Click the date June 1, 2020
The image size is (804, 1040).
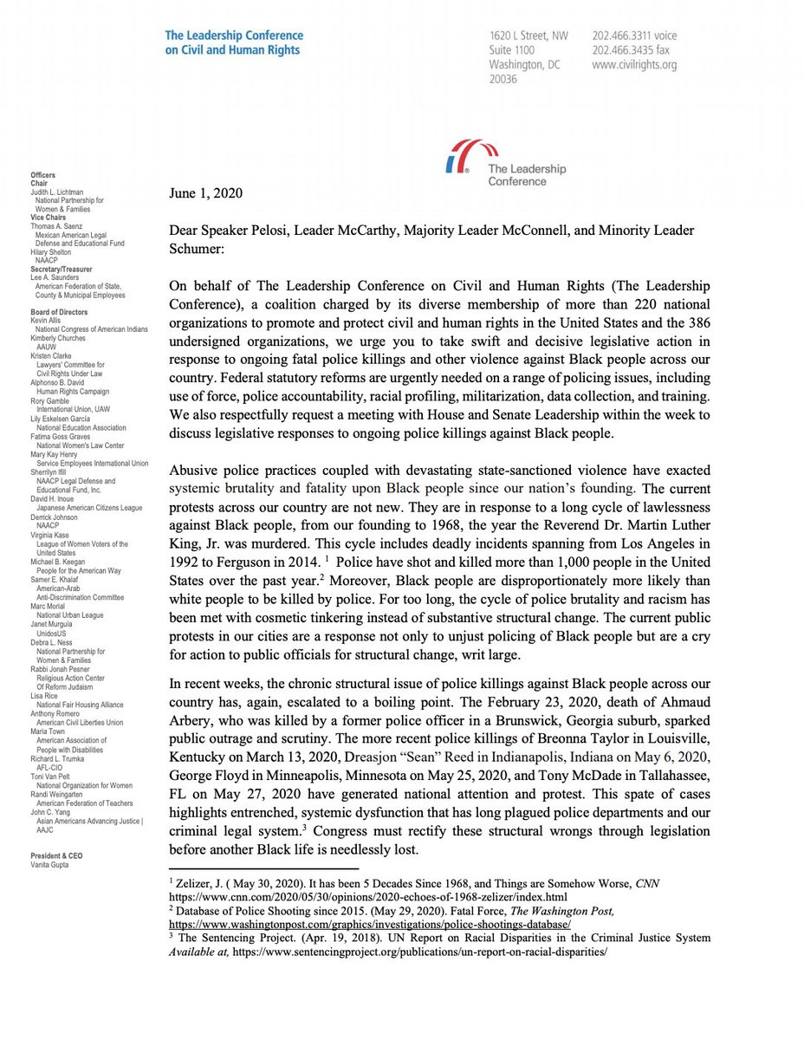coord(205,193)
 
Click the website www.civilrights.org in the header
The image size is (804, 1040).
coord(634,65)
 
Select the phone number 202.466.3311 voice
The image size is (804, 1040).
coord(634,36)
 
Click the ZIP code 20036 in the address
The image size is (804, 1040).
coord(503,80)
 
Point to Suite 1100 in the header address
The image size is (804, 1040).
coord(512,50)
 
